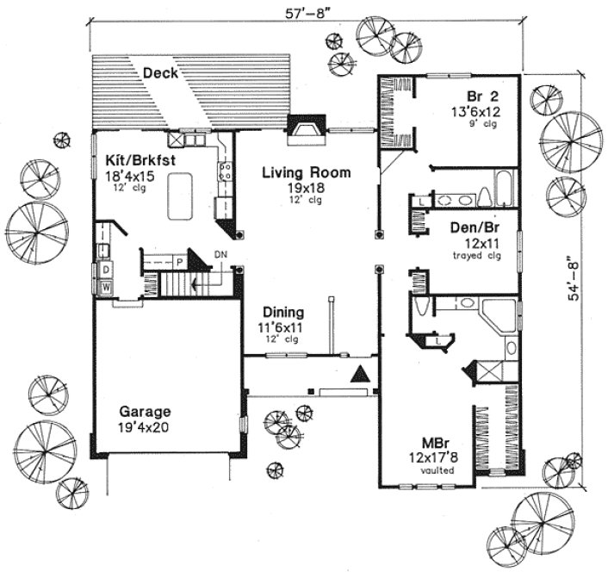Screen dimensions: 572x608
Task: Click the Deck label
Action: coord(161,73)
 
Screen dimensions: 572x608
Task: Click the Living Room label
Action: coord(307,172)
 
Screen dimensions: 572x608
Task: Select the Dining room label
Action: coord(282,314)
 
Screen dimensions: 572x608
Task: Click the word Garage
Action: coord(145,411)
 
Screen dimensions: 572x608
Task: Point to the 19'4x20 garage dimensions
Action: coord(145,426)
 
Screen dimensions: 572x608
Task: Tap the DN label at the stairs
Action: coord(220,254)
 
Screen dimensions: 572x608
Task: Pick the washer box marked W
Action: coord(107,286)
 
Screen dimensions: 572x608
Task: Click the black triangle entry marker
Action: coord(361,374)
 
